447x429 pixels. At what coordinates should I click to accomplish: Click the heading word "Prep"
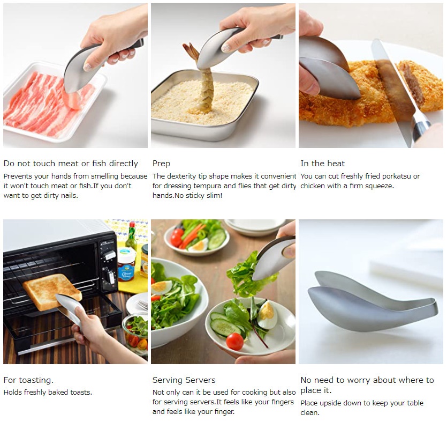161,164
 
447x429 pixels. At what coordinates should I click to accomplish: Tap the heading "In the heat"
322,164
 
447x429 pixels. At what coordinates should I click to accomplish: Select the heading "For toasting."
28,380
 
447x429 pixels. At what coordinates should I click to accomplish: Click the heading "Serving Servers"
184,380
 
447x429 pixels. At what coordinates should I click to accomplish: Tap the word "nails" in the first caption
69,196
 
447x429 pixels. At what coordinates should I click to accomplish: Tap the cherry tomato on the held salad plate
234,342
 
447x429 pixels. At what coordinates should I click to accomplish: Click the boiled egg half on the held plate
268,315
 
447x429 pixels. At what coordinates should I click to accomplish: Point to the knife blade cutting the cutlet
393,82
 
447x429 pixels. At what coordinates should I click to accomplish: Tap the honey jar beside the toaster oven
126,265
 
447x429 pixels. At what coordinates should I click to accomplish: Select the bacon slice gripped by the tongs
72,100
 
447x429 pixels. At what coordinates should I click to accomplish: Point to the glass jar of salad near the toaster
135,334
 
